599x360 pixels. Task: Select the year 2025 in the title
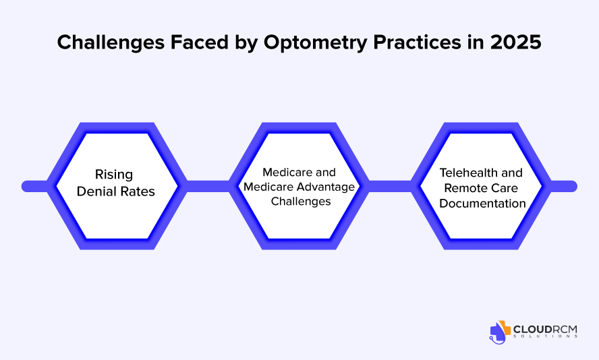[516, 42]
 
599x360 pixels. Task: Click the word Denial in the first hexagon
[98, 191]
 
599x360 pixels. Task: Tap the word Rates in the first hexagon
[138, 191]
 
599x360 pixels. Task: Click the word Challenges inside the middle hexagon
[298, 200]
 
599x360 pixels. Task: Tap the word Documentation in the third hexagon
[482, 202]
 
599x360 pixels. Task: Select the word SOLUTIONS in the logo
[545, 336]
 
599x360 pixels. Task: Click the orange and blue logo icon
[501, 330]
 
